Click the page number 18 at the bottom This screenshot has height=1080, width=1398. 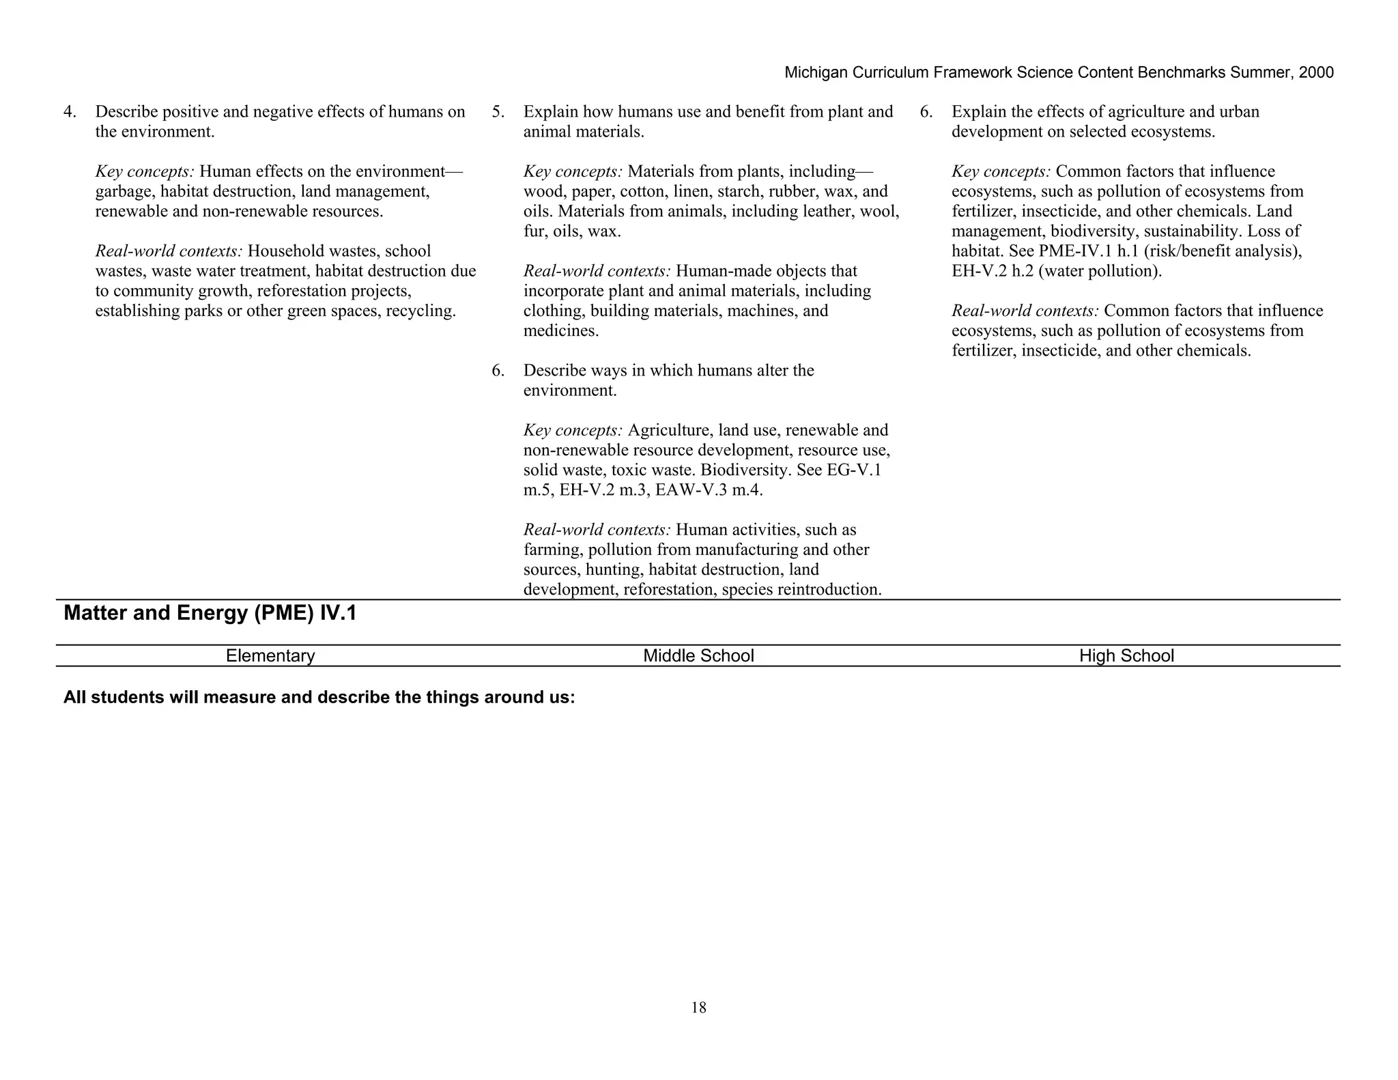(698, 1008)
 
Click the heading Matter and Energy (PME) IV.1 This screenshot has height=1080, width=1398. (210, 613)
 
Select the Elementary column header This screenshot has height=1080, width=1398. (270, 656)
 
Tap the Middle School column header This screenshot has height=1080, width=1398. (698, 656)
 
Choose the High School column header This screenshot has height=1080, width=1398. (1126, 656)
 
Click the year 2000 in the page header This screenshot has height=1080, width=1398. (1315, 73)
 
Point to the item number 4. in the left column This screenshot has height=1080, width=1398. (70, 112)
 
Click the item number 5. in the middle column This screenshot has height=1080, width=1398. (498, 112)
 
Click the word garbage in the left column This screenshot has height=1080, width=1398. (124, 192)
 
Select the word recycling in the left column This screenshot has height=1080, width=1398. (423, 311)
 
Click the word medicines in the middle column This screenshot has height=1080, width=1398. (560, 331)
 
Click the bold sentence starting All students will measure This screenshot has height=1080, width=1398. (319, 698)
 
